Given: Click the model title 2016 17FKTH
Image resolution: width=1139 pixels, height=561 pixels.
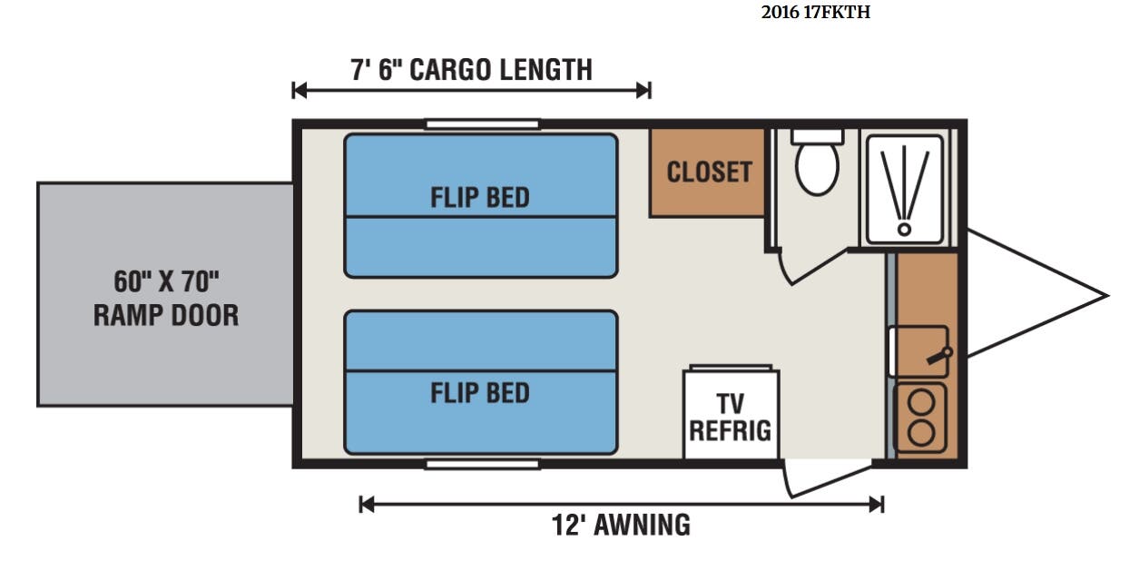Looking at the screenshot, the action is [x=815, y=12].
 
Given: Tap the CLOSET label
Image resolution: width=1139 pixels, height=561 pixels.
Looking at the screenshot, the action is [x=709, y=172].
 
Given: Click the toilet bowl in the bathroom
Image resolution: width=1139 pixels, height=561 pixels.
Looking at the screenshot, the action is [x=817, y=167].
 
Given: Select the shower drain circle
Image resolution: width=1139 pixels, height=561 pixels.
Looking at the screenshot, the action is [x=904, y=230].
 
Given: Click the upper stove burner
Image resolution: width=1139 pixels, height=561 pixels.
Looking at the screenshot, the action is [x=921, y=403].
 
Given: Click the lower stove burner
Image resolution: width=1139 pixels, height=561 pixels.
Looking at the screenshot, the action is [x=921, y=433].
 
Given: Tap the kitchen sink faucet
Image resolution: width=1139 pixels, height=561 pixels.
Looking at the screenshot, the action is [x=939, y=356].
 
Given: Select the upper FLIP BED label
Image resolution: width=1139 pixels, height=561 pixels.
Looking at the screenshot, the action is [x=480, y=197].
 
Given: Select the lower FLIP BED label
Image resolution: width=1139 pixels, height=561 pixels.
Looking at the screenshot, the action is [x=480, y=393].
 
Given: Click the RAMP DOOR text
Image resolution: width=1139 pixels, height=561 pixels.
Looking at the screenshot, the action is [x=166, y=315].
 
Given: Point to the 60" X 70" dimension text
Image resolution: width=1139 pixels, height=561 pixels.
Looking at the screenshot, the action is [x=166, y=281].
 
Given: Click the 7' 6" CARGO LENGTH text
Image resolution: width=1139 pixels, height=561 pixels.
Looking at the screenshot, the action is [x=471, y=70].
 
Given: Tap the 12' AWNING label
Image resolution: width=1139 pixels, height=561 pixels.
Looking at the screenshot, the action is [x=621, y=525].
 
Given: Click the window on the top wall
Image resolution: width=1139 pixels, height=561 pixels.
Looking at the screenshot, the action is [x=482, y=124].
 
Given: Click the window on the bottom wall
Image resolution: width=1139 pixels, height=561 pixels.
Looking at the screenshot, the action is [x=482, y=464].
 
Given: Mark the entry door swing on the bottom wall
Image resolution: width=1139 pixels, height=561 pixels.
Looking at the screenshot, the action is [x=826, y=478].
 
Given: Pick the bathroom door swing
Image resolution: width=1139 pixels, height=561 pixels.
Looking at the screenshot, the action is [x=812, y=267].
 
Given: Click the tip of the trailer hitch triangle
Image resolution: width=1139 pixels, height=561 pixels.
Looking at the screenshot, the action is [x=1108, y=296].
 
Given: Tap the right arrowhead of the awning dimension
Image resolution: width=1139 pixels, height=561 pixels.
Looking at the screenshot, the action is [x=877, y=505].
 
